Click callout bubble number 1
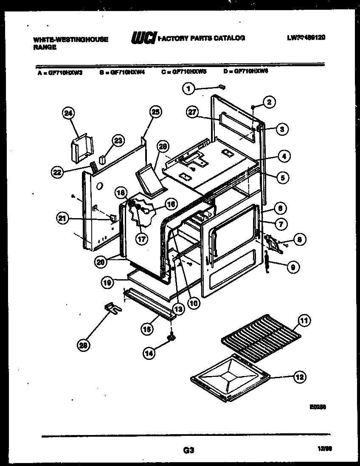tap(189, 89)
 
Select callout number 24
tap(68, 113)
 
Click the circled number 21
tap(63, 218)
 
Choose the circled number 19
tap(107, 281)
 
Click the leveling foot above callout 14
tap(172, 337)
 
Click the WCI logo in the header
tap(144, 39)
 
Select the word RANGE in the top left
tap(45, 48)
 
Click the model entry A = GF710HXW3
tap(60, 73)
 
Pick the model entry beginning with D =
tap(246, 72)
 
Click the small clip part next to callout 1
tap(221, 87)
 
